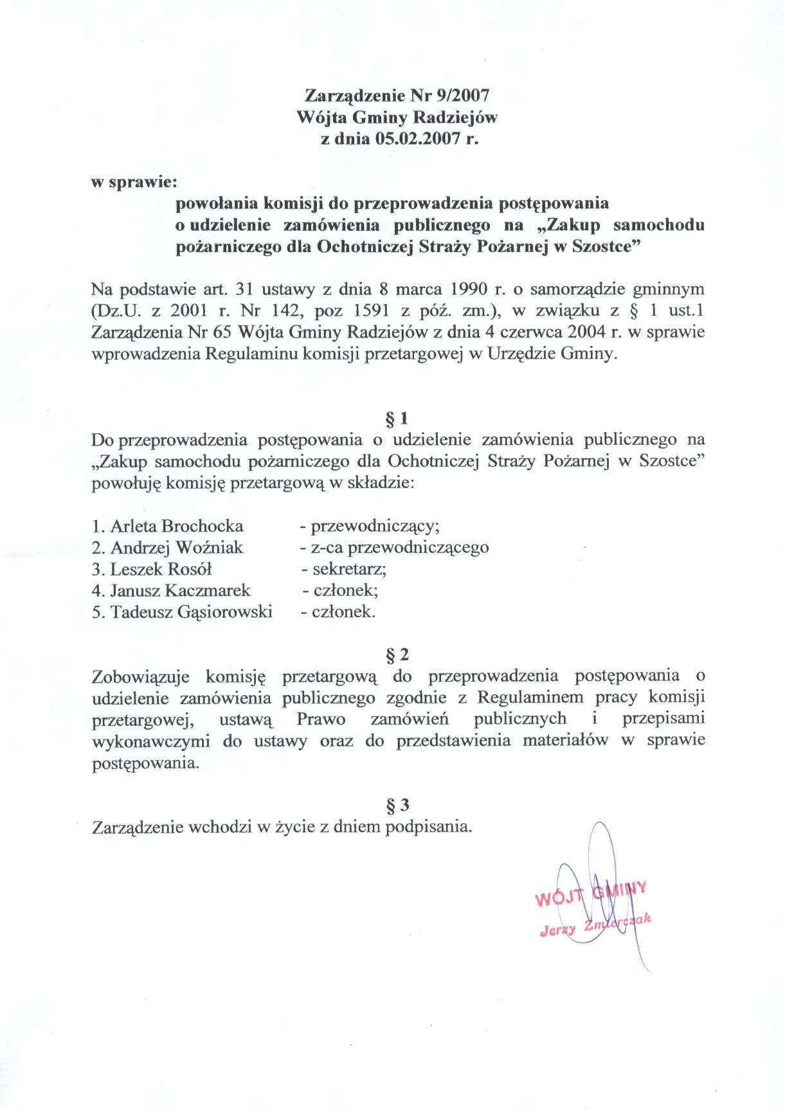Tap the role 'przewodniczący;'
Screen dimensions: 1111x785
click(x=375, y=527)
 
